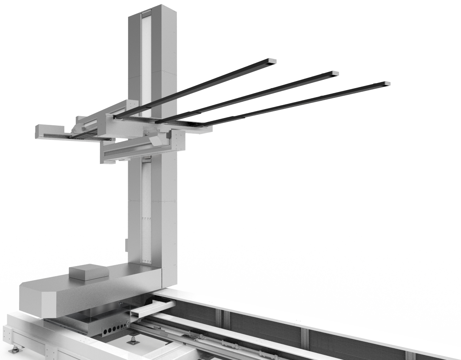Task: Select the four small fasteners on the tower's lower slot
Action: click(146, 219)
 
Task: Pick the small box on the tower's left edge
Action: click(127, 246)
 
